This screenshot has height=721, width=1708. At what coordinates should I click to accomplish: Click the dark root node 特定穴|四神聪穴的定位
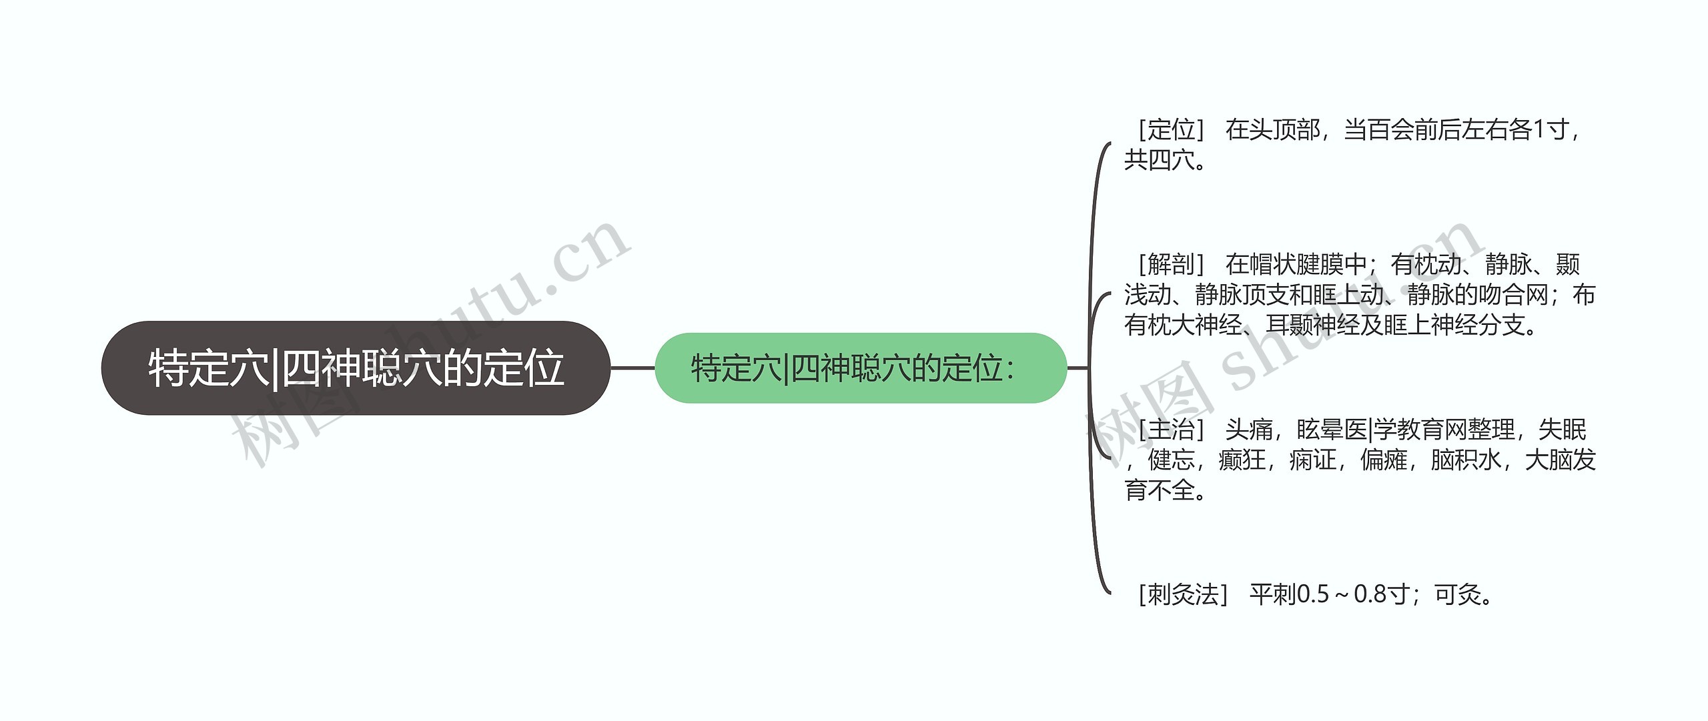(356, 368)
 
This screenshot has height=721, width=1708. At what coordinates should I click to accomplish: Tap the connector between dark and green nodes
(632, 368)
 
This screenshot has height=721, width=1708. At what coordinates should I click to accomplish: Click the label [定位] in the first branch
(1171, 129)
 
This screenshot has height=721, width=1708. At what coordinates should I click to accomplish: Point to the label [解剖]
(1171, 265)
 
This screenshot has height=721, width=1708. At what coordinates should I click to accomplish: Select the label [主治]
(1171, 430)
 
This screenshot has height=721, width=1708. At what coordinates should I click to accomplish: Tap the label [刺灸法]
(1183, 594)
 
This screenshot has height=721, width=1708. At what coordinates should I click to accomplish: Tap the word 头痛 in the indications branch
(1249, 430)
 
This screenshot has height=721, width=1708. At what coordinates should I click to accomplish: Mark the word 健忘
(1171, 460)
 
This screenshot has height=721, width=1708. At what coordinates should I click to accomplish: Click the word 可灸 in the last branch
(1458, 594)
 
